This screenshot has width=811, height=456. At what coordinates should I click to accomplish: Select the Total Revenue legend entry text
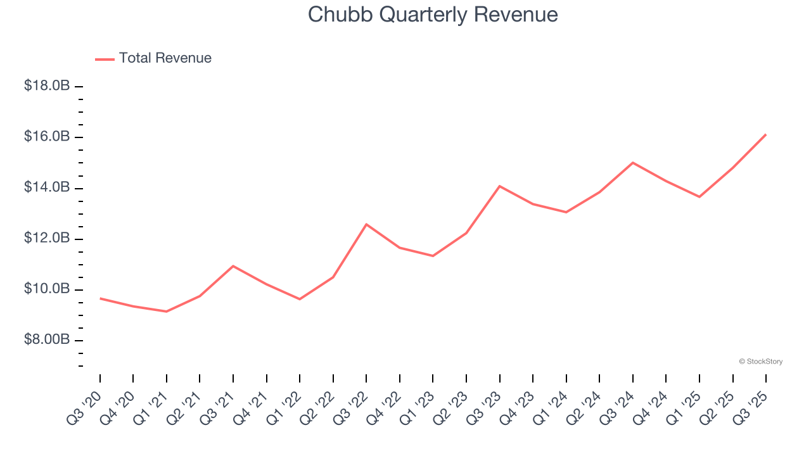point(165,58)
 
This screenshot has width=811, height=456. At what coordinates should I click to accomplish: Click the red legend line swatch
point(105,59)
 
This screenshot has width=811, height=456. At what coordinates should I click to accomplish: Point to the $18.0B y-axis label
point(47,86)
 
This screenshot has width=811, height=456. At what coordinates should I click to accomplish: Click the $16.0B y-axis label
point(47,137)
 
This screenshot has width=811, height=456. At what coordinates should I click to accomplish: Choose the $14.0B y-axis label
point(47,187)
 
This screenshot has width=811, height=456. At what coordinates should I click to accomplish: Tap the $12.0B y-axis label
point(47,238)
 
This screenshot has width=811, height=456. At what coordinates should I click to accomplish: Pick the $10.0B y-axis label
point(47,289)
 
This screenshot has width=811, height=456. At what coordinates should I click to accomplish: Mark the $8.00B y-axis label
point(47,340)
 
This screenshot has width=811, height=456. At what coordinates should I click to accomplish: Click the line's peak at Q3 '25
point(766,134)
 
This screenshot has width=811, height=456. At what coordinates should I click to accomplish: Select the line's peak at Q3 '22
point(366,224)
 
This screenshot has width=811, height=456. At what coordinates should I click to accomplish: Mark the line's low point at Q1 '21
point(167,312)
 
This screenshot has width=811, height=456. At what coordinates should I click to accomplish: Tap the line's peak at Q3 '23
point(500,186)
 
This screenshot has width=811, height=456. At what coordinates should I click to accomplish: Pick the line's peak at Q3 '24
point(633,163)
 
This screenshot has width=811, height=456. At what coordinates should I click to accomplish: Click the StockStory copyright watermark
point(760,362)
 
